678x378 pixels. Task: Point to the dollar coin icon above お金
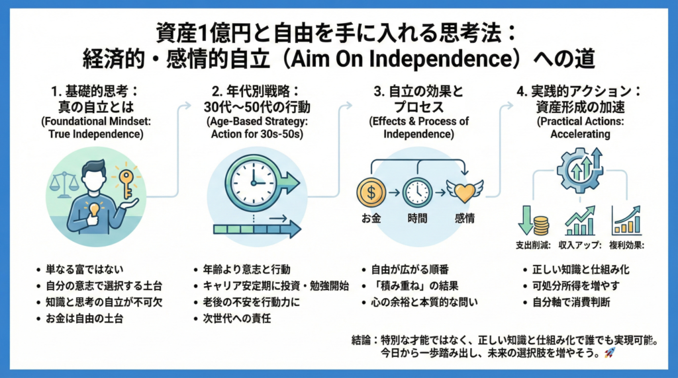pos(370,192)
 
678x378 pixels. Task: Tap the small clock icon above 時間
pos(417,192)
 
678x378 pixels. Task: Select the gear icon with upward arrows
pos(580,170)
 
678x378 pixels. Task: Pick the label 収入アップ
pos(581,245)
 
